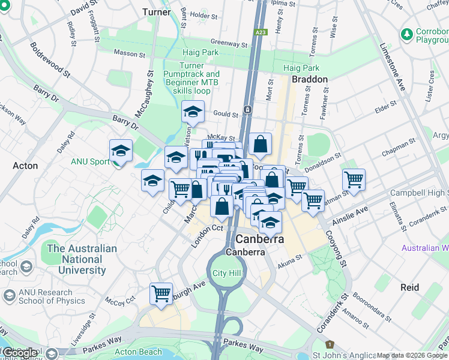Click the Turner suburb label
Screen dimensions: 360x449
[157, 12]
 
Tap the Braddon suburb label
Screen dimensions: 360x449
[309, 79]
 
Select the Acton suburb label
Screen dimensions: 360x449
[25, 166]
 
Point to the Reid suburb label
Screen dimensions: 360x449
[410, 287]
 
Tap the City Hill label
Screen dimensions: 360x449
[227, 273]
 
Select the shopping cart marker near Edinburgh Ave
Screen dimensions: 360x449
[161, 293]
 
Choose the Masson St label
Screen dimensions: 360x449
[126, 53]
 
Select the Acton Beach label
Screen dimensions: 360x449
[138, 352]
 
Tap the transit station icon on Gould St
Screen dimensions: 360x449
[247, 110]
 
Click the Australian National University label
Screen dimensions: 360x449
[82, 259]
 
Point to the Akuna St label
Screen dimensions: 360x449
[291, 263]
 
